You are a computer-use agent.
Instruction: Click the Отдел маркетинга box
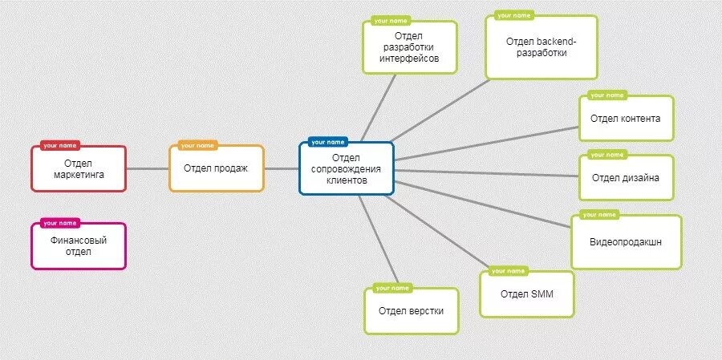point(79,169)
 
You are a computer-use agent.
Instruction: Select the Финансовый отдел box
point(79,246)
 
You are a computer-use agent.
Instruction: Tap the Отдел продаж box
point(216,168)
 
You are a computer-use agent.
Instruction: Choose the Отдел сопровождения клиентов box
point(347,169)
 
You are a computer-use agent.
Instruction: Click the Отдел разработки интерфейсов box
point(409,47)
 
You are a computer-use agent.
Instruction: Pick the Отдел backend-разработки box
point(541,47)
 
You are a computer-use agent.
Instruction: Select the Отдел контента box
point(626,119)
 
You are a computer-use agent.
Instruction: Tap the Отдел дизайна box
point(626,178)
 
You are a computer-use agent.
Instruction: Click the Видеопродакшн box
point(626,242)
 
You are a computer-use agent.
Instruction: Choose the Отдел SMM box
point(526,294)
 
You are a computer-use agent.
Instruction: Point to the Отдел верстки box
point(411,311)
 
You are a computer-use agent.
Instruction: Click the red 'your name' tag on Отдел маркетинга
point(60,146)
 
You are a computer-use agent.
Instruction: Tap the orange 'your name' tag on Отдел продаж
point(197,146)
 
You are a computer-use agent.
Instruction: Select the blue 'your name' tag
point(327,142)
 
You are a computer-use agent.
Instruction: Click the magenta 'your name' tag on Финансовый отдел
point(60,223)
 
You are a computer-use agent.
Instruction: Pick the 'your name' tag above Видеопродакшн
point(600,215)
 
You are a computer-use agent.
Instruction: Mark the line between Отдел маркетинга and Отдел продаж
point(148,168)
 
